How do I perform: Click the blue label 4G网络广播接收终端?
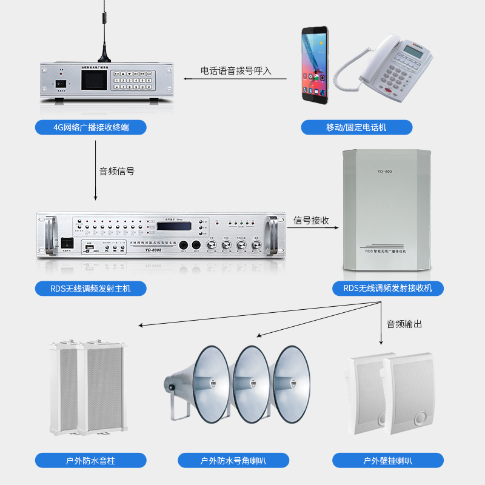coord(91,127)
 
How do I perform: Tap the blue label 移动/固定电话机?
coord(356,127)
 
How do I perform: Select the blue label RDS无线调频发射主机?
coord(91,288)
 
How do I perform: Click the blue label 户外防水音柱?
coord(91,461)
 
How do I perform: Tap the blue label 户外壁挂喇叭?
coord(388,461)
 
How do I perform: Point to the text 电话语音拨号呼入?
coord(236,71)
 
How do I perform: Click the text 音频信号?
coord(116,172)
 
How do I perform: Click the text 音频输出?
coord(404,324)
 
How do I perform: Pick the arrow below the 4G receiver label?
coord(96,170)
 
